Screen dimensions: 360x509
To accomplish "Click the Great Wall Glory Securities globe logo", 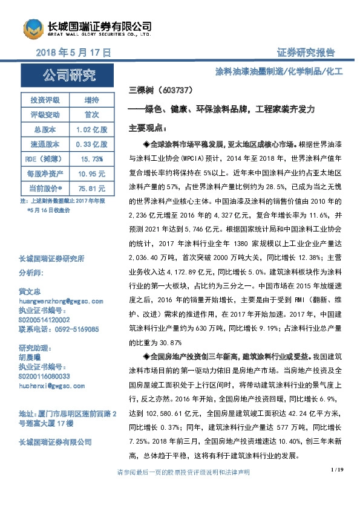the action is (x=33, y=28).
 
